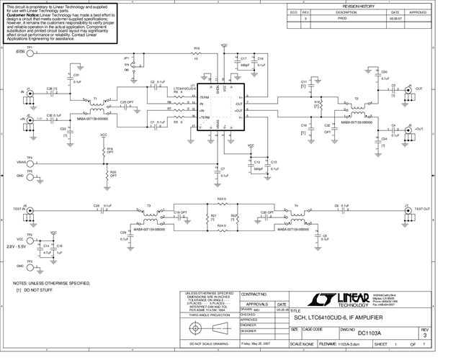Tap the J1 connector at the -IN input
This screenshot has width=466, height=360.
tap(29, 93)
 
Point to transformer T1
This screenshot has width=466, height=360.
tap(96, 106)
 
